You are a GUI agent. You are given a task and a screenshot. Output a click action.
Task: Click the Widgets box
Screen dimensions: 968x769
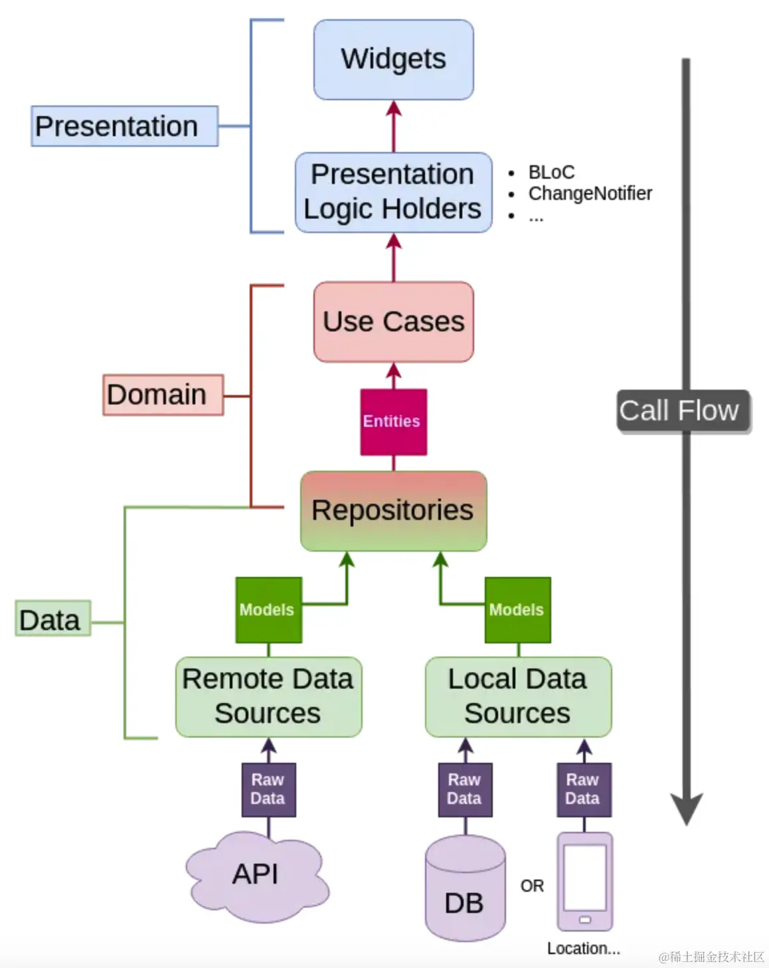[x=393, y=60]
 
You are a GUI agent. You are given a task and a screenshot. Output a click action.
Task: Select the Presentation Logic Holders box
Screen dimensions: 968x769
[x=393, y=193]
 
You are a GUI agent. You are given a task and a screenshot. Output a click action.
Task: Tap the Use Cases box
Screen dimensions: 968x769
[x=393, y=322]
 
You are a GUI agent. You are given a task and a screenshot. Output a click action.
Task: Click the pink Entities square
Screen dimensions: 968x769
[x=393, y=422]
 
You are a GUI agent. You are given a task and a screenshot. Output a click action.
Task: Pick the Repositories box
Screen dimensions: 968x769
[x=393, y=511]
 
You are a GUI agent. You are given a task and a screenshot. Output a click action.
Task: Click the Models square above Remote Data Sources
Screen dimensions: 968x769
[x=268, y=609]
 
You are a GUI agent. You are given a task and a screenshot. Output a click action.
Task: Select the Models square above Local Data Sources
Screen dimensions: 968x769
[x=517, y=609]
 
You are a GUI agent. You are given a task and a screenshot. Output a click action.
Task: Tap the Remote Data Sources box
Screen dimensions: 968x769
[x=268, y=696]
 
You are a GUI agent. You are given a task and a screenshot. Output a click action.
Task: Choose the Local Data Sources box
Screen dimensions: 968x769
[x=518, y=696]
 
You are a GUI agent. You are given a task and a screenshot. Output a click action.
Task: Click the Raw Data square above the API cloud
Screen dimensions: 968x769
[x=268, y=789]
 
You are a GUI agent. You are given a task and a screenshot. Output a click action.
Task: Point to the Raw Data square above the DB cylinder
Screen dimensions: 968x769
[x=465, y=789]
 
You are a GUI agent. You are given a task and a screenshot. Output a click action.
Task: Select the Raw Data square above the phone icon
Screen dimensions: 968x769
[x=584, y=789]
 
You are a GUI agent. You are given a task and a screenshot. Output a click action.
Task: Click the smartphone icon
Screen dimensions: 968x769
[x=584, y=881]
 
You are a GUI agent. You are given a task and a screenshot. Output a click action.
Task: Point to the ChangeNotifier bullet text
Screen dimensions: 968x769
[x=590, y=193]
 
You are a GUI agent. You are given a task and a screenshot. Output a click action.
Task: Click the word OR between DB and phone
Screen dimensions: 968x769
[x=532, y=886]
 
